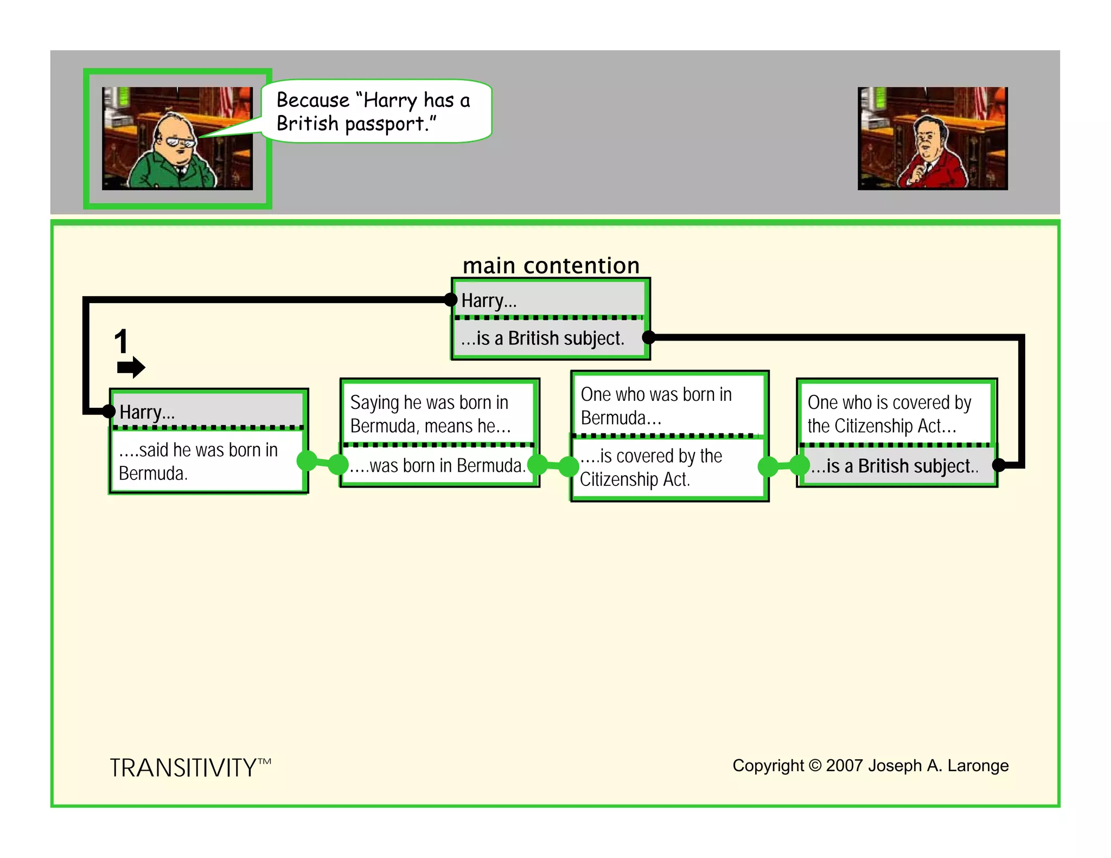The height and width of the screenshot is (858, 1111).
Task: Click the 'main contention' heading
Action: [551, 266]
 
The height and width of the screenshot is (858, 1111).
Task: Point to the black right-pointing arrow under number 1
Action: [131, 367]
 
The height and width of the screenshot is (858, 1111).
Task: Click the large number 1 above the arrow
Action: [121, 341]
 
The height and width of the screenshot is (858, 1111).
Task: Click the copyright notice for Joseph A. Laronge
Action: [870, 765]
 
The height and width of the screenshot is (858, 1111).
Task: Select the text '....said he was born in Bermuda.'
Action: [198, 461]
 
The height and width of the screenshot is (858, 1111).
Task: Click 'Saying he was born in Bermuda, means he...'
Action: [430, 414]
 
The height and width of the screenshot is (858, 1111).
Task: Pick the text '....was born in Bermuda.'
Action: [437, 465]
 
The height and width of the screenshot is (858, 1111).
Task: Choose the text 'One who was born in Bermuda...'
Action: [656, 406]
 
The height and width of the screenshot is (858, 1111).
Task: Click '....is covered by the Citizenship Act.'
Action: [650, 468]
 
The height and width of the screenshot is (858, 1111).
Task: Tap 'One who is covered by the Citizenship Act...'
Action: [889, 414]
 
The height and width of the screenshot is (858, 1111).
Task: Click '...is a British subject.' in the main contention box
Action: [542, 338]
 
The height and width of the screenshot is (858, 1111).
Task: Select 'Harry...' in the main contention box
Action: [489, 300]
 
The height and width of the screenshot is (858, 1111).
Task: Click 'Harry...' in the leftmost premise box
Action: [147, 412]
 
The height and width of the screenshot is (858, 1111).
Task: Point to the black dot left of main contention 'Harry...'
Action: [450, 299]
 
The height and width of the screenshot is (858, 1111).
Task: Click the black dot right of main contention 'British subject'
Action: [649, 337]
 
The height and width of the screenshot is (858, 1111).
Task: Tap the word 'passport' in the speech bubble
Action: [385, 124]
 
